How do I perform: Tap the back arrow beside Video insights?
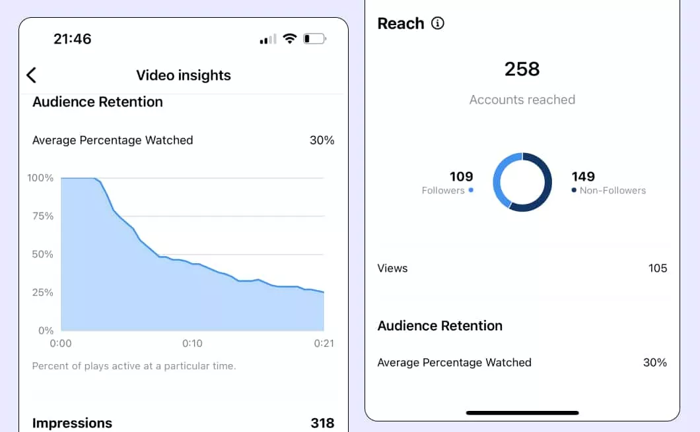point(32,75)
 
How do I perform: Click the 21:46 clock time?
point(72,39)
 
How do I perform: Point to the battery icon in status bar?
point(314,39)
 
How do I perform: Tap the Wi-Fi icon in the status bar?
point(289,39)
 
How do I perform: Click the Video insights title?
point(184,75)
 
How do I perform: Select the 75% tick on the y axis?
point(41,216)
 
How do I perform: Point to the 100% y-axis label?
point(40,178)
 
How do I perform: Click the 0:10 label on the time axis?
point(192,344)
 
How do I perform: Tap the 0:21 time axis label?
point(323,344)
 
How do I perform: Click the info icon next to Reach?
point(438,24)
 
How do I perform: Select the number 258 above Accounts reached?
point(522,69)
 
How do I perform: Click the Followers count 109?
point(461,177)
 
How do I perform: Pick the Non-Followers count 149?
point(583,177)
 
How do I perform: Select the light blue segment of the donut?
point(499,178)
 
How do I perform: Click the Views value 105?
point(657,268)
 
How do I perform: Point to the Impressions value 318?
point(322,423)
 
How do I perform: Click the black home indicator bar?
point(522,413)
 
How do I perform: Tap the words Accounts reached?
point(522,100)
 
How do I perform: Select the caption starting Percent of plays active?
point(134,366)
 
